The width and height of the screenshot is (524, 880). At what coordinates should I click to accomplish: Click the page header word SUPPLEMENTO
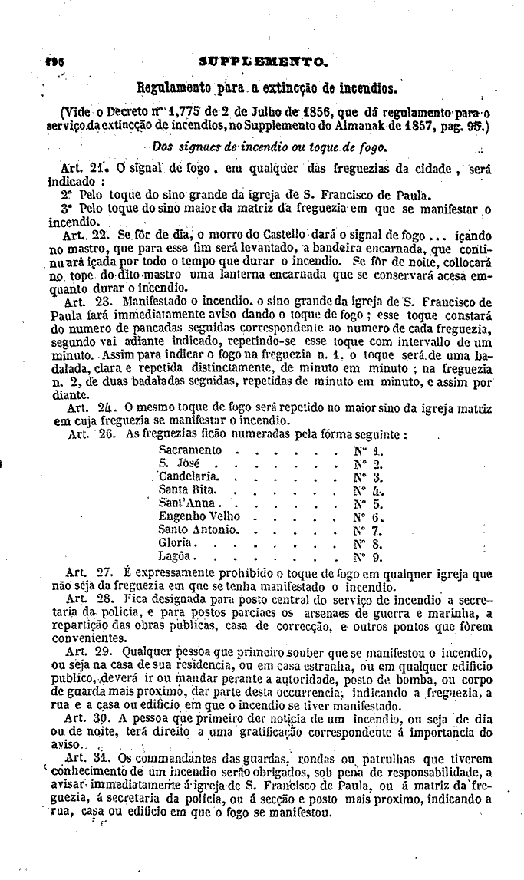[263, 59]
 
